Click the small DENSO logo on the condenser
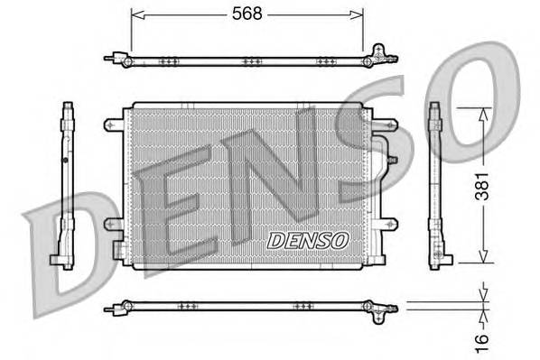tap(307, 241)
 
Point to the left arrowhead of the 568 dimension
tap(135, 14)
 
